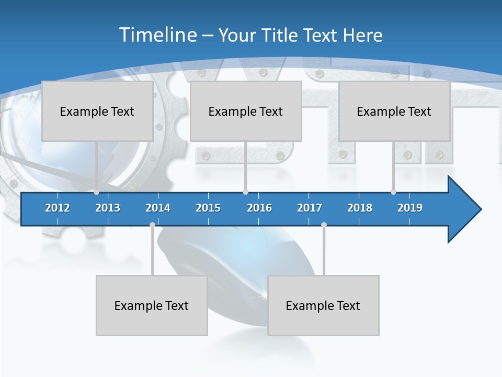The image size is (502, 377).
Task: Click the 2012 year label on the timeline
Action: (58, 208)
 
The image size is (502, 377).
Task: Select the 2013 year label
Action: (108, 208)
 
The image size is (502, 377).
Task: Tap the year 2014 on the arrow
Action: (158, 208)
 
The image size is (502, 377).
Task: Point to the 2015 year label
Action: (208, 208)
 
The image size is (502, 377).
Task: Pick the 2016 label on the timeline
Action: (259, 208)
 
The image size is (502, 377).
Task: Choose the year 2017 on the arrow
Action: (310, 208)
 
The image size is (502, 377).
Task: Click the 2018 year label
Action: (360, 208)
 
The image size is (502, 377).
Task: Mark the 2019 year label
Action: (410, 208)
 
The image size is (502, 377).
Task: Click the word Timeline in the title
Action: (157, 35)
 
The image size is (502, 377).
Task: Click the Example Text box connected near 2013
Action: (97, 111)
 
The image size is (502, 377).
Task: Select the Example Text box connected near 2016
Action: (246, 111)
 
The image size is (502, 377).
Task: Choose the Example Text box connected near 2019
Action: (394, 111)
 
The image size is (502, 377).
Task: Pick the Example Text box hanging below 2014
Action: (152, 305)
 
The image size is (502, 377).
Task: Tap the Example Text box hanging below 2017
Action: (323, 305)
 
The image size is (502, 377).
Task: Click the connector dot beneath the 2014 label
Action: (152, 225)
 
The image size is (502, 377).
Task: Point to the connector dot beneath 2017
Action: (324, 225)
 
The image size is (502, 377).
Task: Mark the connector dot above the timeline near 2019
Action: (393, 192)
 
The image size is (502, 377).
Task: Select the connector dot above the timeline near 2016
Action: (245, 192)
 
